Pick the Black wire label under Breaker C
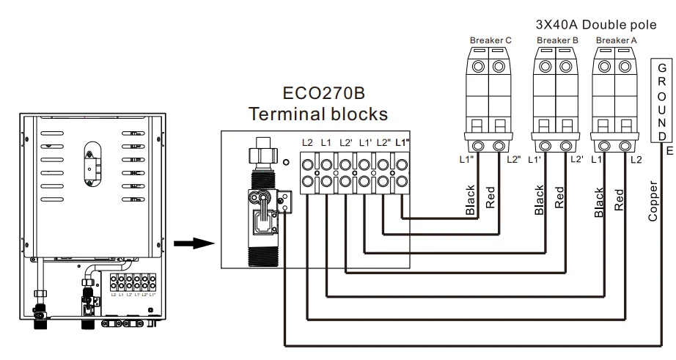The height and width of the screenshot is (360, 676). click(471, 200)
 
